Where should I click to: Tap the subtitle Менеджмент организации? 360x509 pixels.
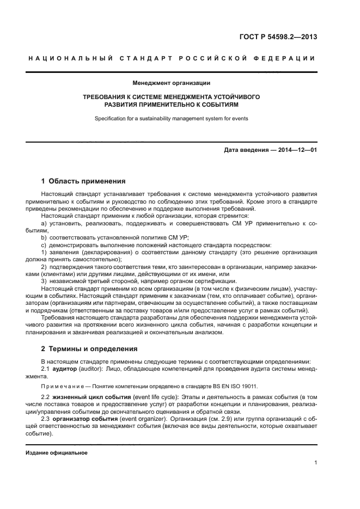click(172, 83)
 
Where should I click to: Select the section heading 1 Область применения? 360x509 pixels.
click(83, 181)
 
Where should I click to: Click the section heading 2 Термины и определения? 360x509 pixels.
click(89, 348)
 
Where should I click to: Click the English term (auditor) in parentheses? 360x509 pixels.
click(96, 369)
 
